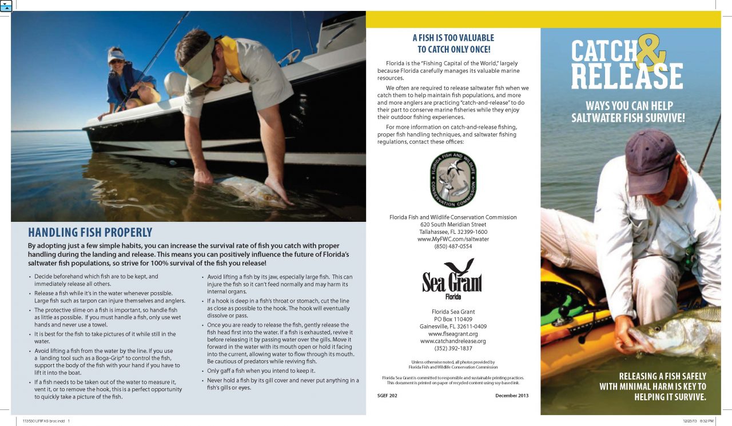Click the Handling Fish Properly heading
pyautogui.click(x=90, y=232)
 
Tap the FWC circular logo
pyautogui.click(x=453, y=180)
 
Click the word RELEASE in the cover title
pyautogui.click(x=627, y=76)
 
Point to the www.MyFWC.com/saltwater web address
pyautogui.click(x=453, y=239)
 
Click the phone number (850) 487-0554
pyautogui.click(x=453, y=246)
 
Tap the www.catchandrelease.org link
pyautogui.click(x=453, y=341)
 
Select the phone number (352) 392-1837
pyautogui.click(x=453, y=348)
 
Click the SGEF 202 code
pyautogui.click(x=387, y=396)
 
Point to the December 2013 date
pyautogui.click(x=512, y=396)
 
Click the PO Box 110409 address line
pyautogui.click(x=453, y=319)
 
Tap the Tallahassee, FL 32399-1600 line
pyautogui.click(x=453, y=232)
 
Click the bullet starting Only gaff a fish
pyautogui.click(x=257, y=371)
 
